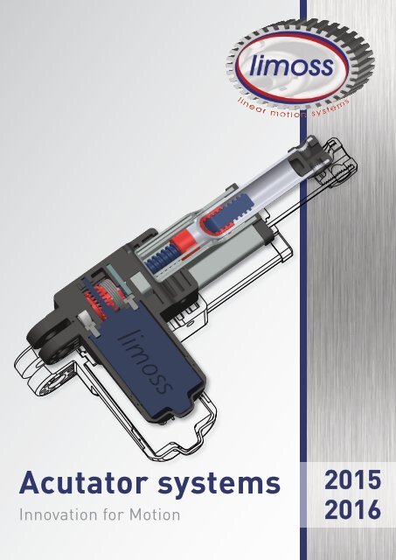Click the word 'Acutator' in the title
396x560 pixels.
73,482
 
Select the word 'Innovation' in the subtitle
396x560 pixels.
58,514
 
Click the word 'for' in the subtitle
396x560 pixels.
111,514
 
